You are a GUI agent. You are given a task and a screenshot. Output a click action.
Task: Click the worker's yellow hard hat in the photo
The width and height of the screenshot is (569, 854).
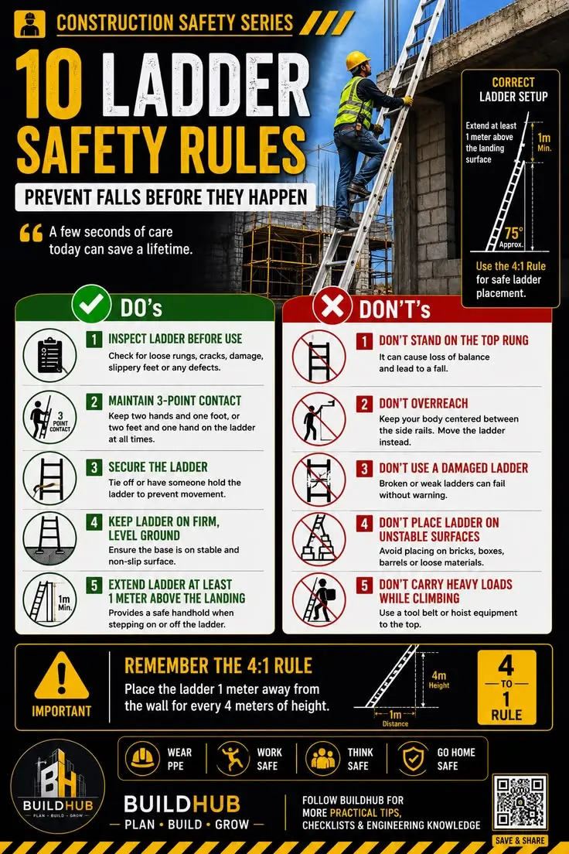click(357, 60)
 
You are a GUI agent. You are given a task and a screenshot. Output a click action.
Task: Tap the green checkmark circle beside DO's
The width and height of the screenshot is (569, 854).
click(91, 304)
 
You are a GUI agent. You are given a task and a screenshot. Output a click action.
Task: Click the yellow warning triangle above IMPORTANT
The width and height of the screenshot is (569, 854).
click(62, 676)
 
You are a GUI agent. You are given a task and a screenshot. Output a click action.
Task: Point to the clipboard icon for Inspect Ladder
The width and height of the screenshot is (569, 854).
click(49, 355)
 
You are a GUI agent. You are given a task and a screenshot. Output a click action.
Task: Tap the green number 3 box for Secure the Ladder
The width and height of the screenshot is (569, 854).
click(94, 467)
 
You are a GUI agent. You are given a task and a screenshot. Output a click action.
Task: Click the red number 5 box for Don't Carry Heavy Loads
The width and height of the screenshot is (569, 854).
click(364, 586)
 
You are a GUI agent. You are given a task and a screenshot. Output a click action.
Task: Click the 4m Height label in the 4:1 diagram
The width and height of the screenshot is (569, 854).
click(439, 680)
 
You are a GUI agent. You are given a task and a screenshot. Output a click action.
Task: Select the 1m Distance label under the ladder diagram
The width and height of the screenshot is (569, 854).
click(395, 719)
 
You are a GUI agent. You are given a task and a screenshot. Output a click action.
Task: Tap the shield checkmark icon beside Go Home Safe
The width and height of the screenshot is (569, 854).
click(414, 758)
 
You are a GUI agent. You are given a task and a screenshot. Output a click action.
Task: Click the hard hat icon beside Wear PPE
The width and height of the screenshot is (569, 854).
click(142, 757)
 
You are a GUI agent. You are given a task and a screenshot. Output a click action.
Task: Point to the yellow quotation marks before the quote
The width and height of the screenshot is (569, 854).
click(31, 233)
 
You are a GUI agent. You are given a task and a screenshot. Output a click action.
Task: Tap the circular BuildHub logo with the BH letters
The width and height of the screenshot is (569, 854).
click(58, 787)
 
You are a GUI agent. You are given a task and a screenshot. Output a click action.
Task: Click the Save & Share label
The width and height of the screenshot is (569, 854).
click(520, 840)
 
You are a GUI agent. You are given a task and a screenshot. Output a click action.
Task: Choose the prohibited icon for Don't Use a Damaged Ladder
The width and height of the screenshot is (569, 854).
click(319, 480)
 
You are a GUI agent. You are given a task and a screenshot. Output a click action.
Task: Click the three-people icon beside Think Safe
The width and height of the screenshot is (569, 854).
click(323, 758)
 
